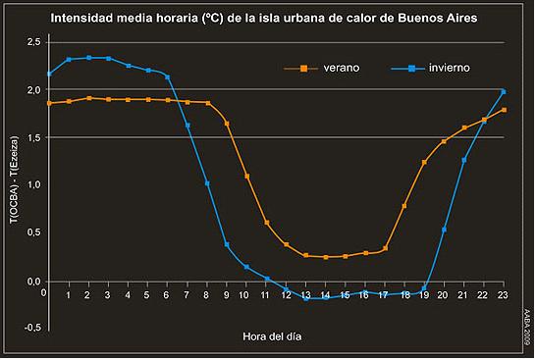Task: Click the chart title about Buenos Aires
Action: pyautogui.click(x=267, y=18)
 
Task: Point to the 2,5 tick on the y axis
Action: pyautogui.click(x=33, y=42)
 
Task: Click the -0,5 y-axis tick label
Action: pyautogui.click(x=31, y=329)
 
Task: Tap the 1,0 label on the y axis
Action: pyautogui.click(x=33, y=185)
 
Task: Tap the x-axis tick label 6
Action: pyautogui.click(x=167, y=295)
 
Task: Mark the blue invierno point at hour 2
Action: pyautogui.click(x=88, y=58)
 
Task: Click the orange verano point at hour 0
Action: pyautogui.click(x=49, y=103)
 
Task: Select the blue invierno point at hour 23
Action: pyautogui.click(x=504, y=92)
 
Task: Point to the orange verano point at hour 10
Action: pyautogui.click(x=246, y=177)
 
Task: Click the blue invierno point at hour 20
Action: pyautogui.click(x=445, y=230)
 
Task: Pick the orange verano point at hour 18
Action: pyautogui.click(x=404, y=206)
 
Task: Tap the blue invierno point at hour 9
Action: pyautogui.click(x=227, y=244)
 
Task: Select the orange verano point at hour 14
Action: pyautogui.click(x=326, y=257)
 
